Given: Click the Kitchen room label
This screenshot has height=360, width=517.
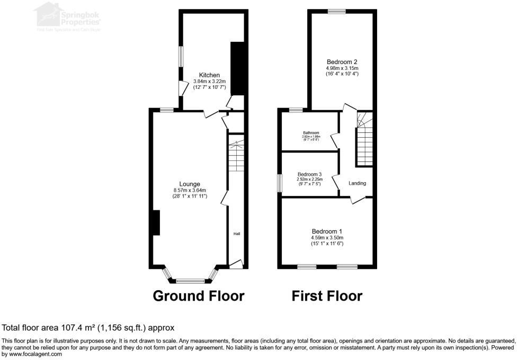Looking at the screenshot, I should (209, 75).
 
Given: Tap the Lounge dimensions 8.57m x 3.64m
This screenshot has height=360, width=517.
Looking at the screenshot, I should (190, 190).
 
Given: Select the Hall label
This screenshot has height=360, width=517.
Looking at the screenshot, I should (237, 233).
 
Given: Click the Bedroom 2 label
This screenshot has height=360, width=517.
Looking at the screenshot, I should (342, 61).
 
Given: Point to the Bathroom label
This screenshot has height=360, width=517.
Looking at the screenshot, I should (311, 132).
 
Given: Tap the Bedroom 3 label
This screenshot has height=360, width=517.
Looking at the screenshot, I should (309, 174).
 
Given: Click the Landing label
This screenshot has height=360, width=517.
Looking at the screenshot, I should (357, 183).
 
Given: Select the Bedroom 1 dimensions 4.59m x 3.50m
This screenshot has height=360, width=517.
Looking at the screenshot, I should (327, 238).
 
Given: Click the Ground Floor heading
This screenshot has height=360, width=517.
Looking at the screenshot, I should (199, 296).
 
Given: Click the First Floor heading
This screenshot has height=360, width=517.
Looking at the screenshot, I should (327, 296).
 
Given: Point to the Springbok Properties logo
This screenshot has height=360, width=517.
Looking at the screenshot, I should (67, 16).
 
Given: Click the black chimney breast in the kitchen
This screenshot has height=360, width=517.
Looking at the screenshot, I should (237, 69).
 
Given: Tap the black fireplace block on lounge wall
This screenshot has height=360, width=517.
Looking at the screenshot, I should (156, 222).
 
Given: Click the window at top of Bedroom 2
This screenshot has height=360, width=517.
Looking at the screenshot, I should (336, 11).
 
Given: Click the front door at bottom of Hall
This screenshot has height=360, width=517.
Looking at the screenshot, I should (236, 263).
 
